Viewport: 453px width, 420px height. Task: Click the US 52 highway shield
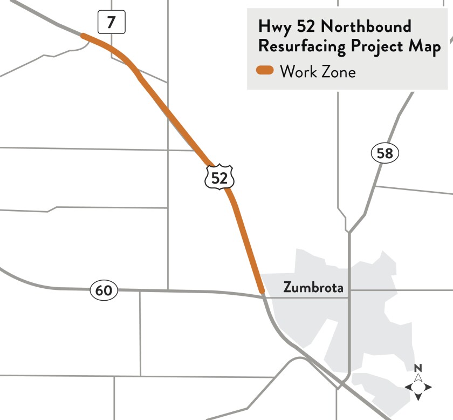[x=219, y=177]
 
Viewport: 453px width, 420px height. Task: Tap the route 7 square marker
[x=111, y=23]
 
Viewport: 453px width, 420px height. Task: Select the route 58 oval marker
[x=385, y=153]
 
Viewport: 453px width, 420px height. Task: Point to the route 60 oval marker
[x=104, y=290]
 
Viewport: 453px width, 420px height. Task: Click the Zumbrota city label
[x=313, y=288]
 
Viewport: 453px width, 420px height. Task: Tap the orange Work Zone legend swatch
[x=265, y=71]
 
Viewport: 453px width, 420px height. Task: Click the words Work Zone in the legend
[x=318, y=71]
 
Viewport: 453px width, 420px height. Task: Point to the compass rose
[x=418, y=387]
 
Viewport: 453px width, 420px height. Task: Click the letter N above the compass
[x=418, y=368]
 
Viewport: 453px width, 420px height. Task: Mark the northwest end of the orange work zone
[x=83, y=36]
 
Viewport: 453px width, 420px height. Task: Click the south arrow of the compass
[x=418, y=397]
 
